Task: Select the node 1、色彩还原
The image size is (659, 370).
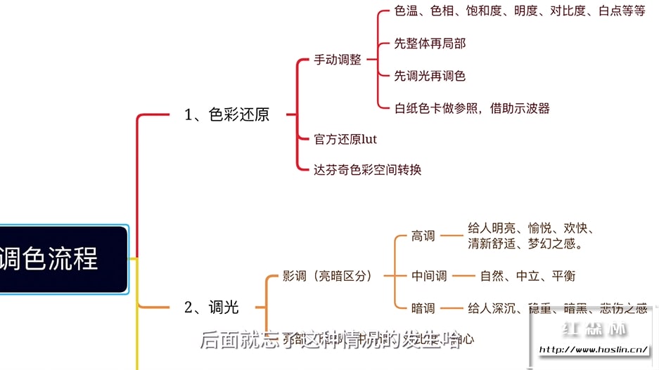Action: [226, 115]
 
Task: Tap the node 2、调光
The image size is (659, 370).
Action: [211, 307]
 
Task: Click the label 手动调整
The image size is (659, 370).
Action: [338, 60]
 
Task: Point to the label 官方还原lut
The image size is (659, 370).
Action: [345, 139]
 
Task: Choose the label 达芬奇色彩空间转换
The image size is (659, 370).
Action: [367, 169]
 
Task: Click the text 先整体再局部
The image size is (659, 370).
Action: [430, 44]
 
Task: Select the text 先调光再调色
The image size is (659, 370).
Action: [430, 76]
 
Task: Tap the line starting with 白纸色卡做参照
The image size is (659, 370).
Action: [472, 108]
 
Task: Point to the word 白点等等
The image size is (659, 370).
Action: [622, 12]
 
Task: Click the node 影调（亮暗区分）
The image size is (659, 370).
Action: [327, 276]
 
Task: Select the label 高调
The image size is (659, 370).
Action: [423, 237]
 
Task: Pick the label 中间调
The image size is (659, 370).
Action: [429, 276]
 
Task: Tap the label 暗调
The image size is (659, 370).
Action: [423, 308]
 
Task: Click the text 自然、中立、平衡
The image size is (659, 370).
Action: [527, 276]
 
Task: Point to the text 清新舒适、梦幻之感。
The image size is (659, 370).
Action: [525, 244]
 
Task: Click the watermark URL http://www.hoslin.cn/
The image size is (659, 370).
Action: [593, 349]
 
